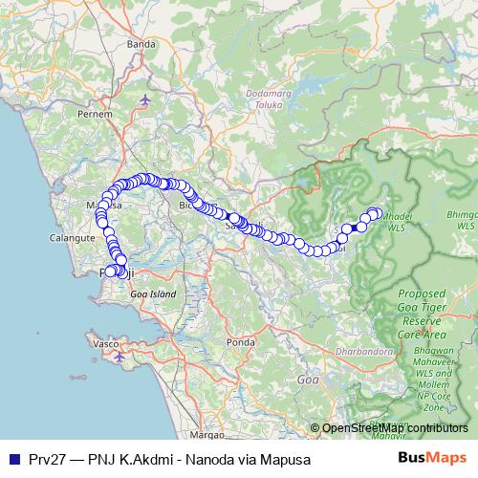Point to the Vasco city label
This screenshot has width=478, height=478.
click(x=103, y=341)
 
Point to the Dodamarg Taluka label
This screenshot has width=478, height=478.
click(x=259, y=103)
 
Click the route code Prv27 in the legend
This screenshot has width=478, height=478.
click(x=45, y=459)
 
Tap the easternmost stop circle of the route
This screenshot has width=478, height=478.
click(x=376, y=213)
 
